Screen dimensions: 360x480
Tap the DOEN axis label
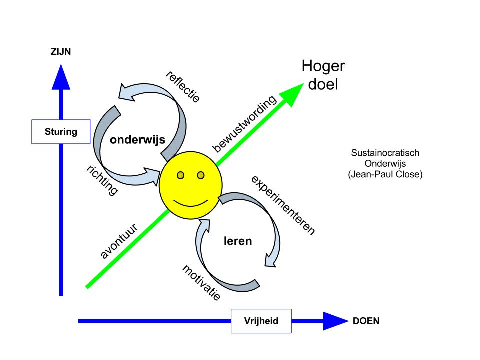(x=366, y=321)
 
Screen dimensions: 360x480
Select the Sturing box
(x=61, y=132)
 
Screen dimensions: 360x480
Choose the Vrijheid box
(x=261, y=321)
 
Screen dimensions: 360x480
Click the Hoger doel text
(x=323, y=75)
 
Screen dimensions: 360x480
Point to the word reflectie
(x=182, y=86)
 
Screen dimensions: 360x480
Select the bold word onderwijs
(x=138, y=141)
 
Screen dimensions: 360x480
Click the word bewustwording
(x=244, y=123)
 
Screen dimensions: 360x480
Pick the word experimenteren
(x=283, y=205)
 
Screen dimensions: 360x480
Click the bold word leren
(x=237, y=241)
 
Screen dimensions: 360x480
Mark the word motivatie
(x=201, y=282)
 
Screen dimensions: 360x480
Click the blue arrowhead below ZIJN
(x=61, y=74)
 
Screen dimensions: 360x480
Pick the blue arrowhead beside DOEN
(x=335, y=321)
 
